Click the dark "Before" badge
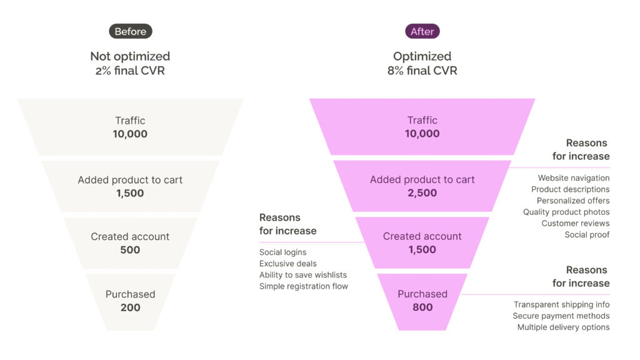[130, 31]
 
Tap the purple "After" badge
[422, 31]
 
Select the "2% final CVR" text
[130, 71]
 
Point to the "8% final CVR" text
[422, 71]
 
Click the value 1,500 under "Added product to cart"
[130, 193]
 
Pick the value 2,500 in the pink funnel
[422, 193]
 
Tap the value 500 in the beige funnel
[130, 250]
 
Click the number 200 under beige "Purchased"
[130, 307]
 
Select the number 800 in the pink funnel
[422, 307]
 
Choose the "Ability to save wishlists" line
[303, 275]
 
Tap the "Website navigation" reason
[574, 178]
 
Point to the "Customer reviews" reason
[576, 223]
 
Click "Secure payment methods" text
[561, 316]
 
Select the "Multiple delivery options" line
[563, 327]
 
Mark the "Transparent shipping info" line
[562, 305]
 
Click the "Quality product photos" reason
[566, 212]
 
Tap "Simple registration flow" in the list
[304, 286]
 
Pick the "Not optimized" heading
[130, 57]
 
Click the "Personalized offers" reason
[573, 201]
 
